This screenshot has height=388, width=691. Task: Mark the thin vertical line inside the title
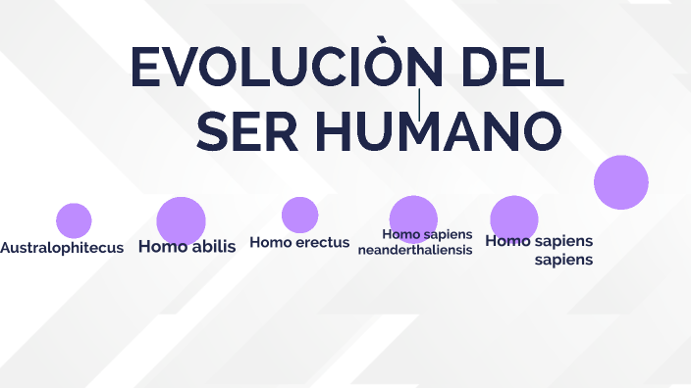(420, 104)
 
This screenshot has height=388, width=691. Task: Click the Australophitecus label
(62, 248)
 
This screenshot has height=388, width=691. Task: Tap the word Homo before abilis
(163, 247)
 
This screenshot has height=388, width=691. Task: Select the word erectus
(322, 243)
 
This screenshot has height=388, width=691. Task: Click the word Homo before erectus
(271, 243)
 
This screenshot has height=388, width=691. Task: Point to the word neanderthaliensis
(415, 250)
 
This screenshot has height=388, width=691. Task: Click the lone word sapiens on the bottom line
(563, 261)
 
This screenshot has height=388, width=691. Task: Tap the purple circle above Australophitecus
(74, 220)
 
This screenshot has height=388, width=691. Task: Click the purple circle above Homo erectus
(299, 215)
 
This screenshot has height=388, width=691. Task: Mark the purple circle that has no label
(621, 182)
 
